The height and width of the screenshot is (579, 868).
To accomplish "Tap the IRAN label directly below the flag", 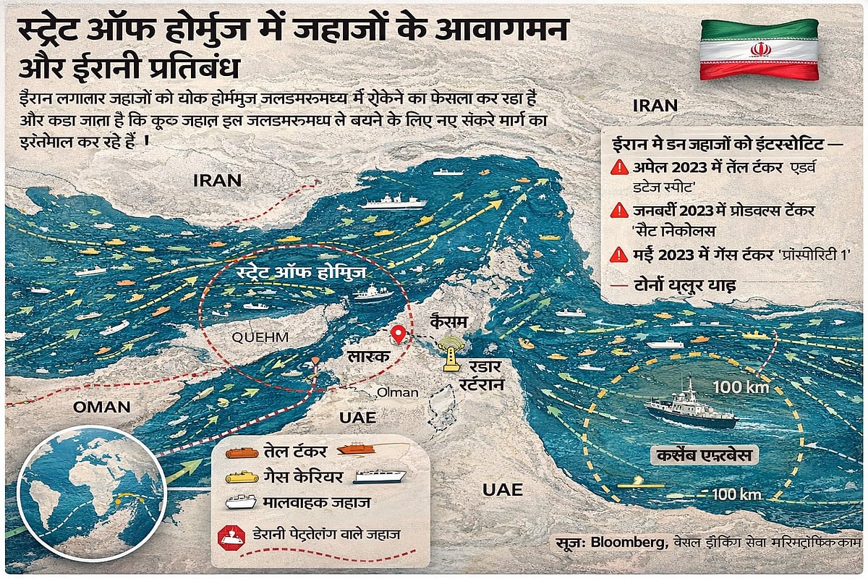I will pos(655,106).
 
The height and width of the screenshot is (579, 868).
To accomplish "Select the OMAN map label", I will pos(101,407).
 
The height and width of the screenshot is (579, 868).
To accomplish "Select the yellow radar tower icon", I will pos(451,352).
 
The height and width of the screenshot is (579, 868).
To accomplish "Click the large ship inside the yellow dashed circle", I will pos(691,409).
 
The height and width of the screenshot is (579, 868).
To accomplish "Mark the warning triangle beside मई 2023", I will pos(619,254).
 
